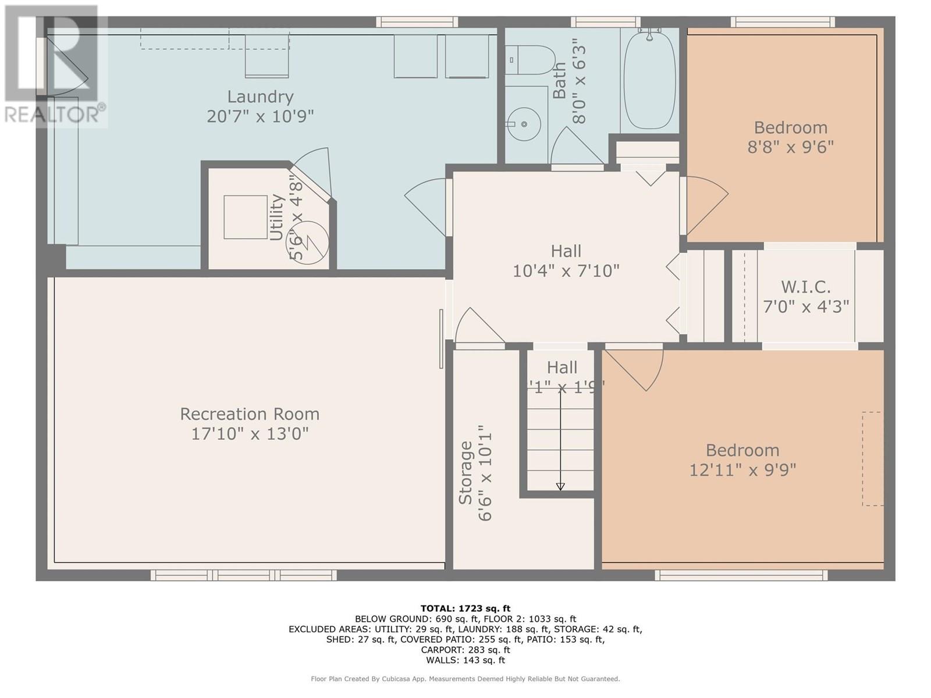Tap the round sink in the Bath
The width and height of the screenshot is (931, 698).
click(523, 124)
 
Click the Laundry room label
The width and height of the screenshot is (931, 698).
click(260, 97)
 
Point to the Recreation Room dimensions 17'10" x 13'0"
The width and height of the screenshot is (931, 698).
click(250, 433)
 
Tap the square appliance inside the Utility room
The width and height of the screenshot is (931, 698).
click(246, 216)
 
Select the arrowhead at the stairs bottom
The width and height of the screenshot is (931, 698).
click(560, 486)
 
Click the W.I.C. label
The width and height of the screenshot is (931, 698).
click(805, 287)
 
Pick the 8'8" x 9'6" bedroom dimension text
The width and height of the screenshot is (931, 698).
click(790, 147)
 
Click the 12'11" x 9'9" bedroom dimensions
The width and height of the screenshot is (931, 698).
click(742, 469)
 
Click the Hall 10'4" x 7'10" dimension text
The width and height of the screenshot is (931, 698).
click(566, 270)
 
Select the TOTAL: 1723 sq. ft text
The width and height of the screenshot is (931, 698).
click(465, 608)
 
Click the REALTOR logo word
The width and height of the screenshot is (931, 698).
click(52, 115)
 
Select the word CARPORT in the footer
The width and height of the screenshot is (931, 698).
click(441, 650)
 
